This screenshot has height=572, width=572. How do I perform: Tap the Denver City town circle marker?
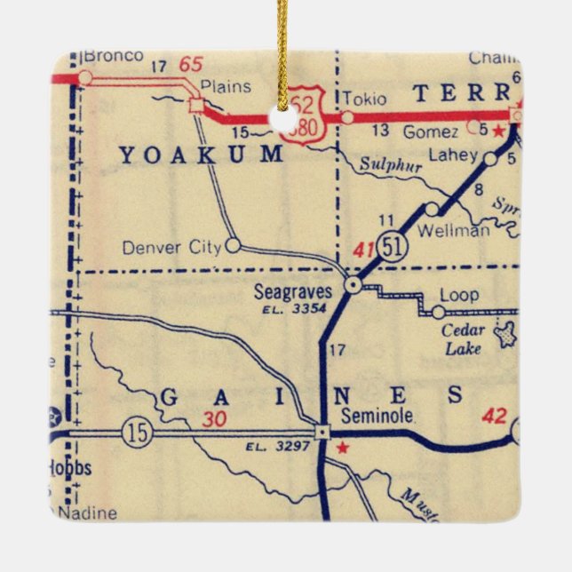pos(233,245)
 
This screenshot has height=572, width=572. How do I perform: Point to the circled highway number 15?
pos(139,433)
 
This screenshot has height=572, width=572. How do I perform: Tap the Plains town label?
pos(226,86)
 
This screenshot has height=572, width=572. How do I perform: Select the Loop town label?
pos(459,295)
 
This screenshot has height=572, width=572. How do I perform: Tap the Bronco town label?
pos(113,56)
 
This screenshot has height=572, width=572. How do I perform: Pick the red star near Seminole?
pos(343,448)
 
